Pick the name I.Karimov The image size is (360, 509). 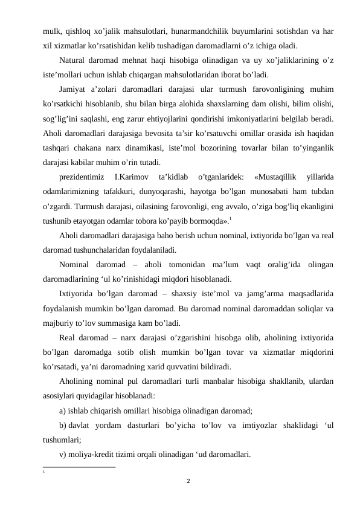coord(131,177)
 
